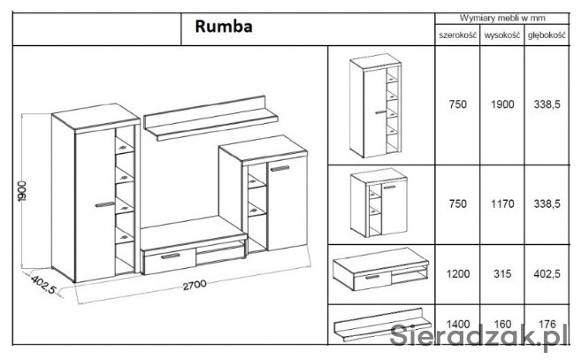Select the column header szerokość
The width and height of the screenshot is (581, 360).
coord(457,36)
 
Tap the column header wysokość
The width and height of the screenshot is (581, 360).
coord(501,36)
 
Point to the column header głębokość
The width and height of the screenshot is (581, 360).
coord(546,36)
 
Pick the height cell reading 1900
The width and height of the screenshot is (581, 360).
coord(501,104)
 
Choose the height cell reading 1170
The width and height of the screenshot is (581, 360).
coord(501,204)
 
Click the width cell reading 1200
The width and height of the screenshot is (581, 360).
coord(457,275)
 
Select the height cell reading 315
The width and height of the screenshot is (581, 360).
coord(501,275)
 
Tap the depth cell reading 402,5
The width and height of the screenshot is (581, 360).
coord(547,275)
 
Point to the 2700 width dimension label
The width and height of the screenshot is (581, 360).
coord(195,286)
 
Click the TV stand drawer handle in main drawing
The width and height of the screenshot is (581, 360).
coord(170,256)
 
